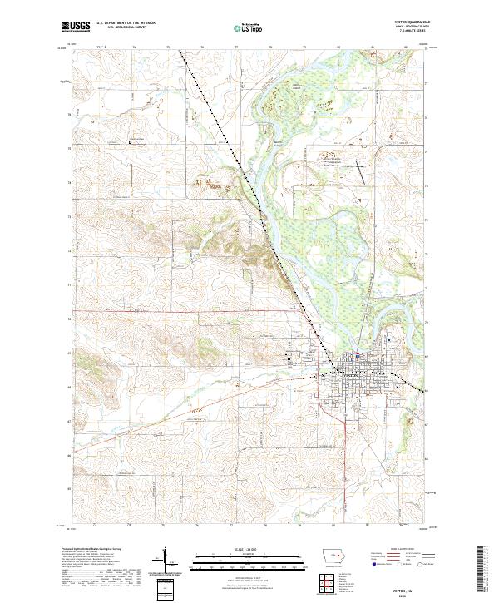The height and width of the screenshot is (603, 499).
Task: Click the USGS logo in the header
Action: coord(77,27)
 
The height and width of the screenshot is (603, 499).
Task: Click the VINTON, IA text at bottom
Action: coord(411,586)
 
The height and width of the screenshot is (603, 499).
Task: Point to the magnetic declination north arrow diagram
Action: coord(166,559)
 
